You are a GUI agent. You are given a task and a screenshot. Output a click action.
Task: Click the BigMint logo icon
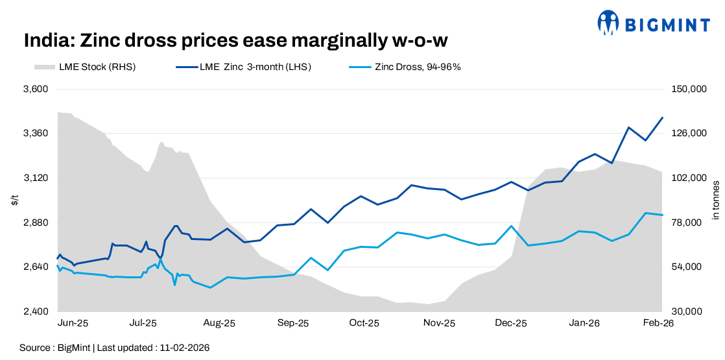608,23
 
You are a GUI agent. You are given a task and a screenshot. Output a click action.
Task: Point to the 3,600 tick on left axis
37,89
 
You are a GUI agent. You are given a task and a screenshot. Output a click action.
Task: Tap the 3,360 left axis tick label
37,134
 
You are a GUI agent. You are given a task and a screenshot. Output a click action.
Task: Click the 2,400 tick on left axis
37,311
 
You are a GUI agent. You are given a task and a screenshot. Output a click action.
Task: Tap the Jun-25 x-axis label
73,323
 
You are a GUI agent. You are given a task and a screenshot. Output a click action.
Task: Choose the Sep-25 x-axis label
294,323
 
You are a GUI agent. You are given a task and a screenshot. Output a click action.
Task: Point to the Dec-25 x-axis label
510,323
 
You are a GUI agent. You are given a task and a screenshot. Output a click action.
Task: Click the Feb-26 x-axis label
657,323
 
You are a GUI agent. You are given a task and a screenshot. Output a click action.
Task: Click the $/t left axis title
15,200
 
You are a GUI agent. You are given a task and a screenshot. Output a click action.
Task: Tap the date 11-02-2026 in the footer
184,348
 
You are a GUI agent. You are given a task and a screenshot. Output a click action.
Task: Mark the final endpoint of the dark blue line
662,117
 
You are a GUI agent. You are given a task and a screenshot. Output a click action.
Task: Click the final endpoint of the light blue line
662,215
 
